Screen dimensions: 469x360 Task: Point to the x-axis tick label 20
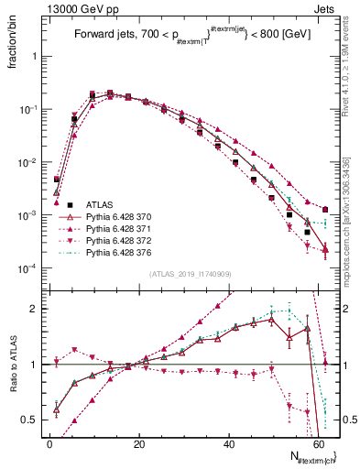pyautogui.click(x=138, y=442)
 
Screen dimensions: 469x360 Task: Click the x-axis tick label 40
pyautogui.click(x=228, y=442)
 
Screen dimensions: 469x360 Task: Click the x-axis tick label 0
pyautogui.click(x=49, y=442)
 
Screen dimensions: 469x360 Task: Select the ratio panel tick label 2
pyautogui.click(x=33, y=309)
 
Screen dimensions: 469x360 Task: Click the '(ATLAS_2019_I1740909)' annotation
pyautogui.click(x=191, y=273)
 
